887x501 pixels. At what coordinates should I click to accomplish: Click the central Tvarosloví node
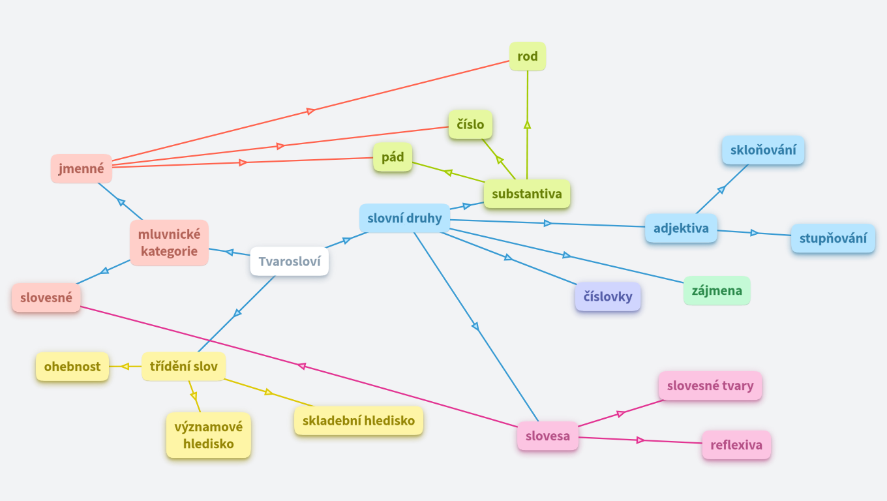click(x=289, y=262)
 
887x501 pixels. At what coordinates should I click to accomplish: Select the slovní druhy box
click(x=404, y=218)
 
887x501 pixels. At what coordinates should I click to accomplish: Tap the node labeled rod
click(x=528, y=57)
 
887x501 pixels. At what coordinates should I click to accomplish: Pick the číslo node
click(x=470, y=125)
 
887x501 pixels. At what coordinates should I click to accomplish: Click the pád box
click(x=393, y=157)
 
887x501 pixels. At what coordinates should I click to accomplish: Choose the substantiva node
click(x=527, y=194)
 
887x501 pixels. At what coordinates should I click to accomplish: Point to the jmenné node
click(x=82, y=168)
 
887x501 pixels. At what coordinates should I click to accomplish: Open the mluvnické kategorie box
click(x=169, y=243)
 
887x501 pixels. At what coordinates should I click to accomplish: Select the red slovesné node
click(x=46, y=298)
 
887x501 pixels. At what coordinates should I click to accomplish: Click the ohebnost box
click(x=72, y=367)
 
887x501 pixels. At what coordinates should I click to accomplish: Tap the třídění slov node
click(x=184, y=367)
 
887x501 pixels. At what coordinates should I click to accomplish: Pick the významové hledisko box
click(x=209, y=435)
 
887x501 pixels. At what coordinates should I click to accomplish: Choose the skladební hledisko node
click(x=359, y=421)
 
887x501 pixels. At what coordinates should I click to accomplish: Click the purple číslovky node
click(x=608, y=297)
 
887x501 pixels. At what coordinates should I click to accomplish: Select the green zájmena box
click(x=717, y=290)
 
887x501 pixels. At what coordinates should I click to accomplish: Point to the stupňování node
click(x=833, y=238)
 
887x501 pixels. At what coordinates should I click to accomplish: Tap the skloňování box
click(x=763, y=150)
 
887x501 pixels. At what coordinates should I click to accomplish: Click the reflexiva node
click(x=736, y=445)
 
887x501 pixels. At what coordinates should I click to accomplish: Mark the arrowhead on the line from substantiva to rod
click(x=528, y=123)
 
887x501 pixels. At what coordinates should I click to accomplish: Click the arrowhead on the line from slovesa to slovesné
click(x=302, y=366)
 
